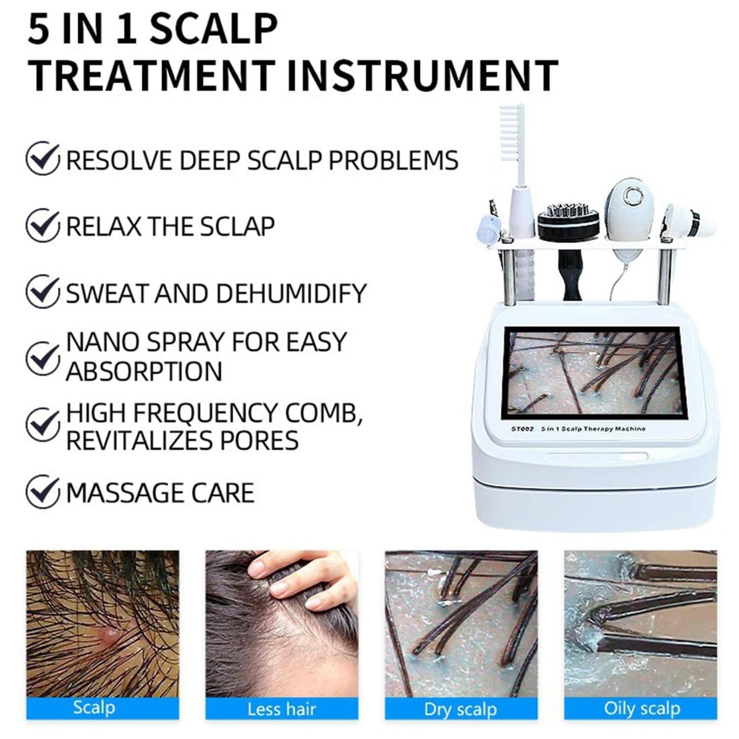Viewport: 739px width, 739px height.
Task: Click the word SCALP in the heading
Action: click(x=213, y=29)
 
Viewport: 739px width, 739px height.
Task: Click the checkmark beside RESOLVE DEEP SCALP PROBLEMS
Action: click(x=42, y=158)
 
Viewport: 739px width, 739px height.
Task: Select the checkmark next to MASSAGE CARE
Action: click(x=42, y=492)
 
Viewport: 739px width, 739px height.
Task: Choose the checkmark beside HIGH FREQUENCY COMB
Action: click(x=42, y=424)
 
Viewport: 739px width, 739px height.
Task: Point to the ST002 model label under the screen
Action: click(x=522, y=429)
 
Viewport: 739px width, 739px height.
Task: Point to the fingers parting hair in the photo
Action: click(x=300, y=577)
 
